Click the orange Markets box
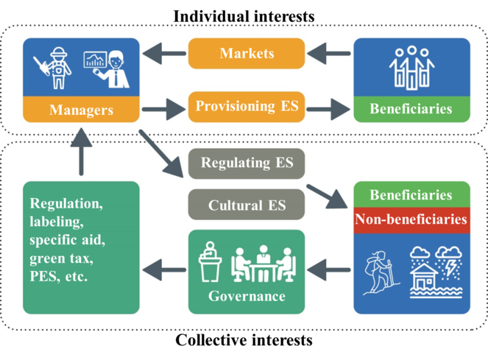[247, 54]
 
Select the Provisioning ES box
[247, 107]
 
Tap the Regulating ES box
[247, 162]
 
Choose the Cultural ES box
[247, 205]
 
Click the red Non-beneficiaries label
[411, 219]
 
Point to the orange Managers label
[81, 110]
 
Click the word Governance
[247, 296]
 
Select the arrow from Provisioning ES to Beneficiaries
[328, 110]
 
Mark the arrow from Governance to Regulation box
[163, 271]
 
